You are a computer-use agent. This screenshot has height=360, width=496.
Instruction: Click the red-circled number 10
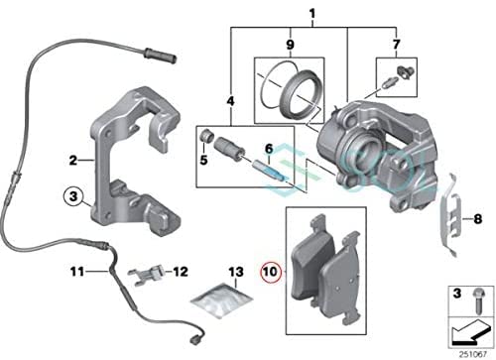(x=271, y=272)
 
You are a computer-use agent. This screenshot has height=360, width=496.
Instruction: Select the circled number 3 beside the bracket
(x=73, y=196)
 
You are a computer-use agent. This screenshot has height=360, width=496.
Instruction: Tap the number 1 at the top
(x=311, y=14)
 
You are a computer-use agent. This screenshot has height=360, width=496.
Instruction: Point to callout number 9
(x=290, y=45)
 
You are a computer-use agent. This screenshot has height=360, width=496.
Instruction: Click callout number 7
(x=396, y=44)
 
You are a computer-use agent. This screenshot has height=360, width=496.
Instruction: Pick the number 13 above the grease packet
(x=236, y=272)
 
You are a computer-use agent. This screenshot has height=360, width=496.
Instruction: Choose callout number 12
(x=181, y=272)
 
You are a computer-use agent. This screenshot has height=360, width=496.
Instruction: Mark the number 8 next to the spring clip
(x=478, y=219)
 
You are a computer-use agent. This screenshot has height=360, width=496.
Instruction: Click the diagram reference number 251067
(x=473, y=354)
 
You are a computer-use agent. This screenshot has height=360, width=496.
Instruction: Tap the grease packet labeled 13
(x=221, y=300)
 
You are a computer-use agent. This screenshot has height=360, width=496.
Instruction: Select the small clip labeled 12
(x=147, y=274)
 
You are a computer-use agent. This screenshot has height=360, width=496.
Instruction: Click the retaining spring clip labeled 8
(x=450, y=215)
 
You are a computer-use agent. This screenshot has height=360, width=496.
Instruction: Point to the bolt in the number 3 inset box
(x=477, y=300)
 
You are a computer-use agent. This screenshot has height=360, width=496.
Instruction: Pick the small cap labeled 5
(x=207, y=136)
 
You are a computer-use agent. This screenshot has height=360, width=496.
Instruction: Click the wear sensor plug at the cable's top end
(x=160, y=56)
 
